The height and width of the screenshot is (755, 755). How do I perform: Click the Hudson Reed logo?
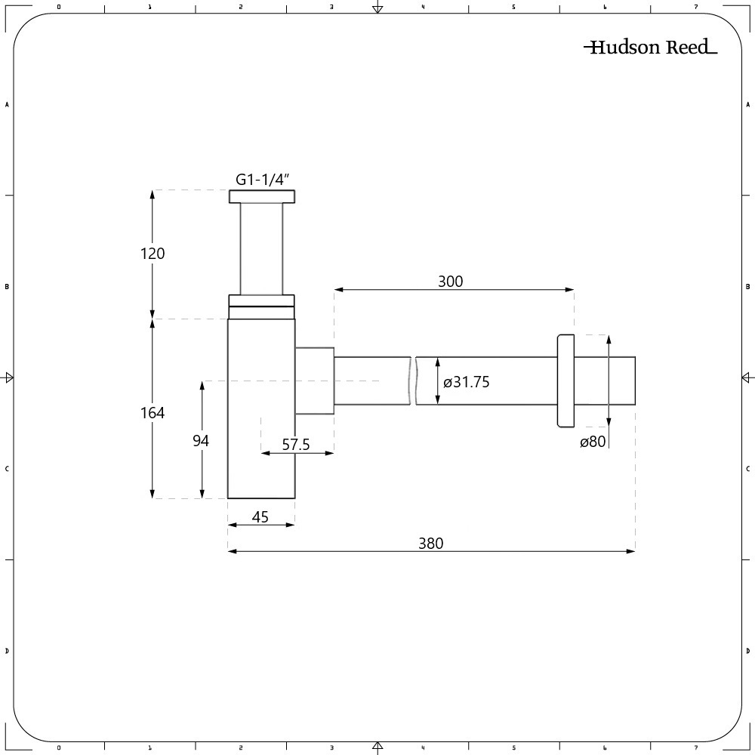point(651,47)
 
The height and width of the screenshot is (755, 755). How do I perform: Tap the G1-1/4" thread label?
point(263,180)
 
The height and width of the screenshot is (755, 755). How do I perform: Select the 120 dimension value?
point(153,253)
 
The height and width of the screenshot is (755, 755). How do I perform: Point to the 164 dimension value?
point(153,413)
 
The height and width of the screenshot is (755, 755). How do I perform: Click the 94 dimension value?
point(201,441)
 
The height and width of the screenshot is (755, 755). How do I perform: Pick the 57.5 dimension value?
point(296,445)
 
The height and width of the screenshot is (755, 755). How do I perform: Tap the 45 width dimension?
point(260,517)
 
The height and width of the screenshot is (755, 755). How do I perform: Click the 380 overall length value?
point(430,544)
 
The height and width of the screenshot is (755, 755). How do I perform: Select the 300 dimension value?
point(450,281)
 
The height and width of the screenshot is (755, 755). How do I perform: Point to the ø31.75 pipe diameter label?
point(466,382)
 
